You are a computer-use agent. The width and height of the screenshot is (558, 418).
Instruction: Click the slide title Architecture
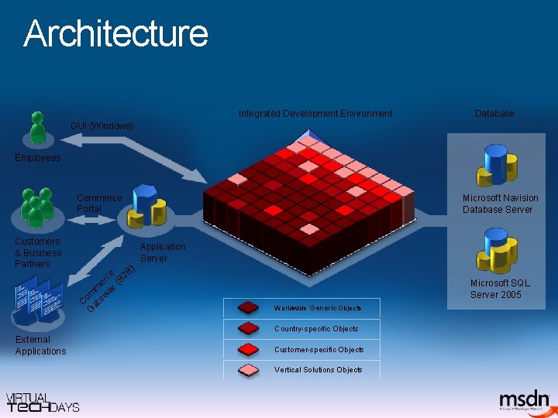pos(116,34)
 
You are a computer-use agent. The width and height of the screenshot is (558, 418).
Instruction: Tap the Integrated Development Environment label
pos(315,114)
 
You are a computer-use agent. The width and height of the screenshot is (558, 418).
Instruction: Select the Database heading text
pos(494,114)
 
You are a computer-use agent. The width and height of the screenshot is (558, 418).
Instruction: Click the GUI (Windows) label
pos(102,125)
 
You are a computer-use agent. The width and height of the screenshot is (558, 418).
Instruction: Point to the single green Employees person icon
pos(37,128)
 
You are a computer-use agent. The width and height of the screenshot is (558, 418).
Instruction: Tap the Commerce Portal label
pos(98,204)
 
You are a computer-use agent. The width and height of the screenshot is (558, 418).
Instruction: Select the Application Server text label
pos(162,252)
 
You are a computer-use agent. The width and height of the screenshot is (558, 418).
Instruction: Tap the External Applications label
pos(40,345)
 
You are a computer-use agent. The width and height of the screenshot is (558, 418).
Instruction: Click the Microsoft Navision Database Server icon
pos(500,163)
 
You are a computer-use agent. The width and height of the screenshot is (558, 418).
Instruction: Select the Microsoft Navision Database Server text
pos(500,204)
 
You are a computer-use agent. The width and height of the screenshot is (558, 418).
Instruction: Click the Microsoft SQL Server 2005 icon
pos(498,251)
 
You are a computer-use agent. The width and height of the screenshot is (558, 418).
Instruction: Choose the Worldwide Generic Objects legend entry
pos(301,308)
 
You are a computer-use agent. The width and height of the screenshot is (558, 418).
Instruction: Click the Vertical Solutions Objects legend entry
pos(301,370)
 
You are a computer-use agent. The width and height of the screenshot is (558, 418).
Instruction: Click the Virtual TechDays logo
pos(43,402)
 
